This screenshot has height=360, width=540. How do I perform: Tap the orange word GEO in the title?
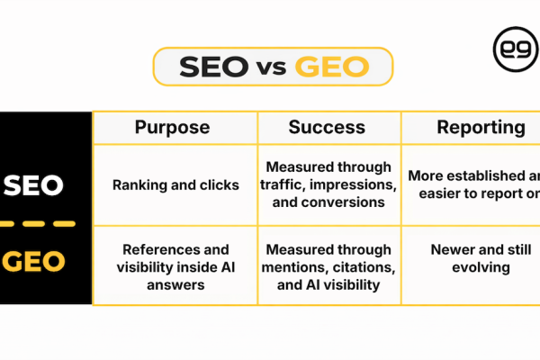pyautogui.click(x=334, y=67)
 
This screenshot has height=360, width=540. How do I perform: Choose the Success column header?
pyautogui.click(x=328, y=128)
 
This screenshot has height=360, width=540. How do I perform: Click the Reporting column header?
pyautogui.click(x=481, y=128)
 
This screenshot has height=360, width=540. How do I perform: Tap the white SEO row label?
pyautogui.click(x=33, y=185)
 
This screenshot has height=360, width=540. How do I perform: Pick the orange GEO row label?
pyautogui.click(x=34, y=261)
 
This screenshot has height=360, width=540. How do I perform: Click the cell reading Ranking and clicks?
pyautogui.click(x=175, y=185)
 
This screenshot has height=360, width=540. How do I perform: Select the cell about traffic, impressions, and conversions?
pyautogui.click(x=328, y=184)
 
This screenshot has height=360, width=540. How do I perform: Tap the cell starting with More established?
pyautogui.click(x=473, y=184)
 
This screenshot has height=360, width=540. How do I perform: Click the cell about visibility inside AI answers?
pyautogui.click(x=175, y=266)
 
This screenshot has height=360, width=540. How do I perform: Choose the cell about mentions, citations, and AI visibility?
pyautogui.click(x=328, y=266)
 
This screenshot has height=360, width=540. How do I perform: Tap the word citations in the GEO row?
pyautogui.click(x=364, y=266)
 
